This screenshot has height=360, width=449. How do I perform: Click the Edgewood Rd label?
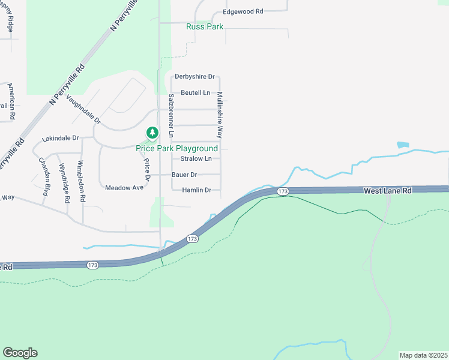click(x=243, y=11)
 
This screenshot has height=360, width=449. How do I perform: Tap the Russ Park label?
click(x=205, y=27)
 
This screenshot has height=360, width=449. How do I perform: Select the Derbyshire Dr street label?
click(x=194, y=77)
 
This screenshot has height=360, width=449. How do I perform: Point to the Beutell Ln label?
click(x=196, y=93)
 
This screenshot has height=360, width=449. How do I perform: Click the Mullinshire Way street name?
click(x=220, y=115)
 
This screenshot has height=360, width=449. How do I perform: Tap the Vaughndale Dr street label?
click(x=84, y=109)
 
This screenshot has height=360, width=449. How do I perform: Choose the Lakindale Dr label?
click(x=60, y=139)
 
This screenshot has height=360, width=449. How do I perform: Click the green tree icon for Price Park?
click(x=152, y=132)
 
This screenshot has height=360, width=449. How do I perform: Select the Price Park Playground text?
click(x=176, y=148)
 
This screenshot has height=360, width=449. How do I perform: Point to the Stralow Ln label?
click(x=196, y=159)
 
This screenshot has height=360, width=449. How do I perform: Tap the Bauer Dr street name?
click(x=184, y=175)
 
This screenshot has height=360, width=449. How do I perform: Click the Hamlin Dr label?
click(x=196, y=190)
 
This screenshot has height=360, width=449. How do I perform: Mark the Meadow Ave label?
click(x=124, y=188)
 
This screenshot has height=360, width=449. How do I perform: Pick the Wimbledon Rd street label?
click(x=82, y=181)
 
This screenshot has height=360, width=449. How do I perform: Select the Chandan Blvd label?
click(x=43, y=172)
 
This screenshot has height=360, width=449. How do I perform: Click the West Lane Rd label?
click(x=388, y=191)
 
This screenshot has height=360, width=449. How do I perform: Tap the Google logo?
click(x=20, y=353)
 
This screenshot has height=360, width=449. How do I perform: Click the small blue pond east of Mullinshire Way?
click(x=402, y=145)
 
